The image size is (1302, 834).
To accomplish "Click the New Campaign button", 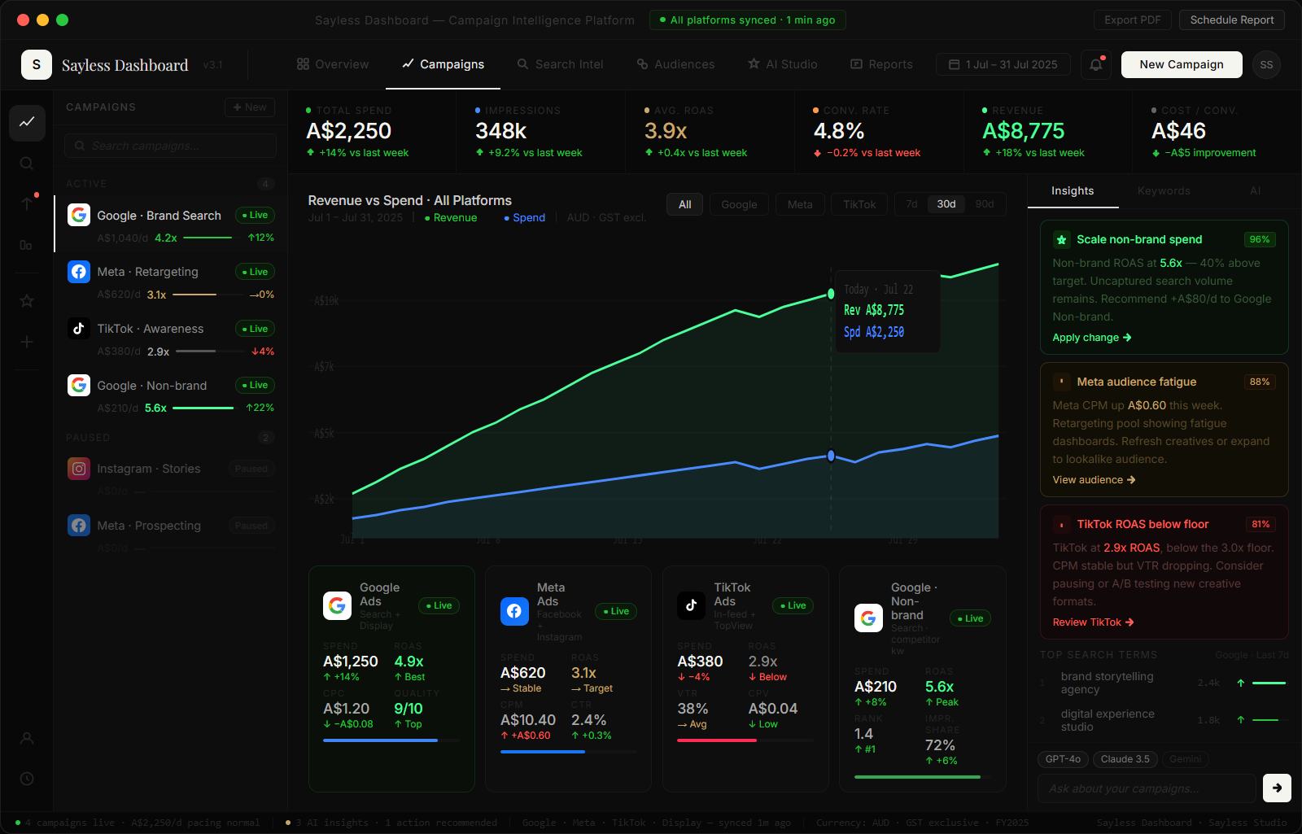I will coord(1181,64).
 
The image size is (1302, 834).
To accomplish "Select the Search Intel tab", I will coord(560,64).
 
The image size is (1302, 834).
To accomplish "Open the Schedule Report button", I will coord(1231,20).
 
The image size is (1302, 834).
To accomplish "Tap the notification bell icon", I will coord(1096,64).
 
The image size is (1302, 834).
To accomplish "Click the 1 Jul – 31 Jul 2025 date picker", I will coord(1003,64).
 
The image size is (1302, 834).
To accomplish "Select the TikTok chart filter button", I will coord(859,204).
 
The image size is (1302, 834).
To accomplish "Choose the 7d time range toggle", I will coord(911,204).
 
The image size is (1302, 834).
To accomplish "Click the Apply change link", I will coord(1091,338).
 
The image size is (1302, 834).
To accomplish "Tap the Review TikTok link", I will coord(1093,622).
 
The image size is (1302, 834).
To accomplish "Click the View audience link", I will coord(1094,480).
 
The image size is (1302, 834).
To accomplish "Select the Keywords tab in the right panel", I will coord(1163,191).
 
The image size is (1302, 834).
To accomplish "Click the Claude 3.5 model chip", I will coord(1125,759).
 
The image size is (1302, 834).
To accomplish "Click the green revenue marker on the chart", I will coord(831,294).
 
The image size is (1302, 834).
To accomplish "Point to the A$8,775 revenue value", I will coord(1023,131).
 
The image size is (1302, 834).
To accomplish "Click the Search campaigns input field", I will coord(171,146).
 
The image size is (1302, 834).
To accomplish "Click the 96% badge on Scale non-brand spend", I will coord(1259,239).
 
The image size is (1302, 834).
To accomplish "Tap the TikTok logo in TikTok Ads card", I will coord(691,605).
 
